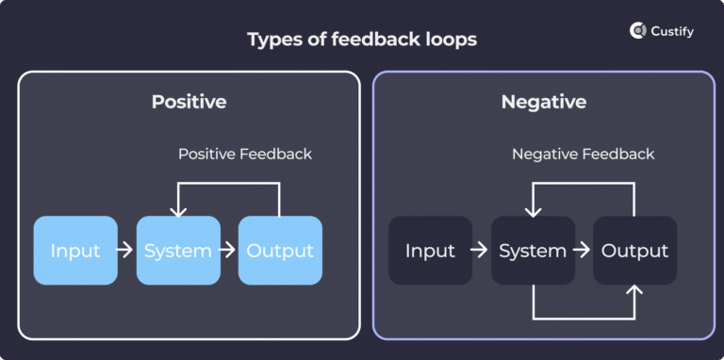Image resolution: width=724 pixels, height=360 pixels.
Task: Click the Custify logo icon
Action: (637, 31)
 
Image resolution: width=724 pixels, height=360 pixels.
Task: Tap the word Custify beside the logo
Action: (674, 31)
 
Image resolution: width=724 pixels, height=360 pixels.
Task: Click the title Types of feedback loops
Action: (361, 40)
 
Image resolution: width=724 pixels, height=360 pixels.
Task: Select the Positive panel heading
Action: (189, 102)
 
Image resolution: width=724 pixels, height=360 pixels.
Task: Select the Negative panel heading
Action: (543, 102)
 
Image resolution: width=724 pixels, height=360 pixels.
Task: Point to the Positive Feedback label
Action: (245, 154)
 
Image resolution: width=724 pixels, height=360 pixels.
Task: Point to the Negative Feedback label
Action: (583, 154)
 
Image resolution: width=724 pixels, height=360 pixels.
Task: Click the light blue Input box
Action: (75, 251)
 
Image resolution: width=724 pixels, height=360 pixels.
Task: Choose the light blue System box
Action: (177, 251)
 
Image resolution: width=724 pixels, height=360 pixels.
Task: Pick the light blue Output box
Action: (280, 251)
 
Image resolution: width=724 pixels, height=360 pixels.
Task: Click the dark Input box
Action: (430, 251)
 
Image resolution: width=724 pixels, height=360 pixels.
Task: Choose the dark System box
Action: (533, 251)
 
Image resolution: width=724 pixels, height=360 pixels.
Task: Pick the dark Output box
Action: (634, 251)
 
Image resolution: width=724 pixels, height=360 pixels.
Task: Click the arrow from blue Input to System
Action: (126, 251)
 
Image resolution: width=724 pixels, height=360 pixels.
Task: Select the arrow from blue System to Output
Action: (228, 251)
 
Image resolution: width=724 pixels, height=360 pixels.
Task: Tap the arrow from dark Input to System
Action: (481, 251)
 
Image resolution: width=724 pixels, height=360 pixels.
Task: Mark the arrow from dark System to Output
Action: (583, 251)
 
